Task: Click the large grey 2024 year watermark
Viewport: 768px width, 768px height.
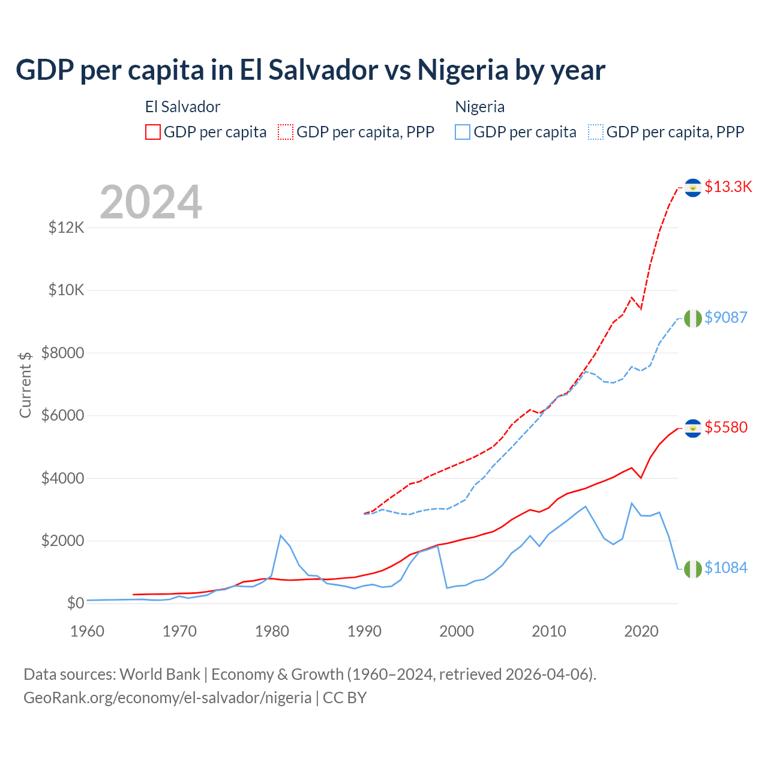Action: [x=151, y=202]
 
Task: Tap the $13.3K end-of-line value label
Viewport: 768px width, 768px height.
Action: [x=728, y=187]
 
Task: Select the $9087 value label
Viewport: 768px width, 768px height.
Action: [x=725, y=317]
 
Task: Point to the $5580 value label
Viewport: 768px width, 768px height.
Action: [x=725, y=427]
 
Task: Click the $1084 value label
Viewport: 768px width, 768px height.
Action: [x=725, y=568]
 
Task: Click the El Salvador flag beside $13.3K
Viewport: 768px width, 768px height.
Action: [x=693, y=188]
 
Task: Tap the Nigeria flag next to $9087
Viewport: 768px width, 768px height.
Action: [x=693, y=319]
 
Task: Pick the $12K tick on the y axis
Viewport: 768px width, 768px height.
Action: [x=67, y=227]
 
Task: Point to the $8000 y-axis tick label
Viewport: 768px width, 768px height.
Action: [x=62, y=353]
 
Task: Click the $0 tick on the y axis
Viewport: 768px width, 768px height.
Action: [x=75, y=603]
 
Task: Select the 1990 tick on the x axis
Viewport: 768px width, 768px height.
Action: [x=364, y=631]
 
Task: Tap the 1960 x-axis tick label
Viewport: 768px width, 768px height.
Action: [x=88, y=631]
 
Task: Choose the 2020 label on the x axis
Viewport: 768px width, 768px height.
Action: [x=641, y=631]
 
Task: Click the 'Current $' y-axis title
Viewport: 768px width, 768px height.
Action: [x=25, y=385]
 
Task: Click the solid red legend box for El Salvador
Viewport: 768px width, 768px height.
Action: [x=153, y=132]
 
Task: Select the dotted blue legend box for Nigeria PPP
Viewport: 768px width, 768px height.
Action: [x=596, y=132]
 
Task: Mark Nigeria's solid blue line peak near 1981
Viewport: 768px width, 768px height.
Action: [x=281, y=535]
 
